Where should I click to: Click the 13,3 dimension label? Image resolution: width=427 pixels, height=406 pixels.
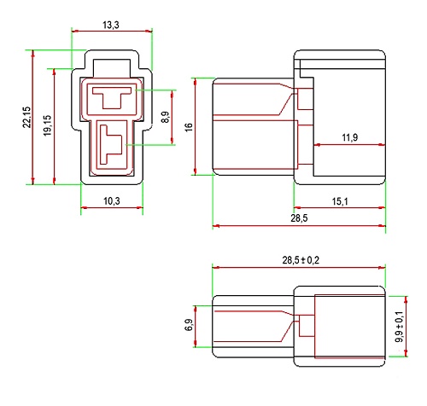pos(111,25)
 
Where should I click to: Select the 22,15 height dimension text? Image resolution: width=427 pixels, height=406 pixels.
pos(26,117)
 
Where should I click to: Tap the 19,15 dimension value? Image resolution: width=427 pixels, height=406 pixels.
pos(48,125)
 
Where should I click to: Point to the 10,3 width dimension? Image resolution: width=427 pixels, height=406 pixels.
pos(112,201)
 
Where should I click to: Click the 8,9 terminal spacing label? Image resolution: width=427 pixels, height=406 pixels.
pos(165,117)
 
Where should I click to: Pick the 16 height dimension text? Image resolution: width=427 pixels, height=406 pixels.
pos(189,127)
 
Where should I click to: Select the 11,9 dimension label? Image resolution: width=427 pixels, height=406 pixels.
pos(350,137)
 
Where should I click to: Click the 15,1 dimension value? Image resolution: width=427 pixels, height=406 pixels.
pos(340,201)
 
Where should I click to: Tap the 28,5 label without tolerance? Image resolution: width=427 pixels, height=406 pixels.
pos(299,218)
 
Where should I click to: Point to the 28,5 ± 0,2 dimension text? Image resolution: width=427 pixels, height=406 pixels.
pos(301,260)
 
